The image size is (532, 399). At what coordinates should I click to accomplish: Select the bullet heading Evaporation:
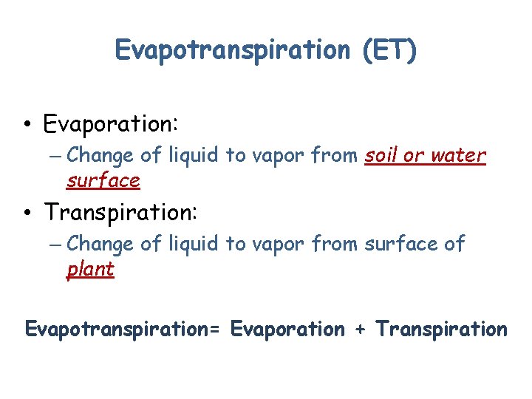[111, 123]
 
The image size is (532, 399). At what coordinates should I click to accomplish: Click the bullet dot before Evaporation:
[27, 123]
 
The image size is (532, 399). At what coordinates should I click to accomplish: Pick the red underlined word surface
[103, 181]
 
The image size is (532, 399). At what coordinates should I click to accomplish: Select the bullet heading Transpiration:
[120, 213]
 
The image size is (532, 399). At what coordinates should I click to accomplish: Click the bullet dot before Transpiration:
[27, 213]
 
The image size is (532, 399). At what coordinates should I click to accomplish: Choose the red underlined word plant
[90, 269]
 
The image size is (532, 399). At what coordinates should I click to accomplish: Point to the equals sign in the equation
[215, 330]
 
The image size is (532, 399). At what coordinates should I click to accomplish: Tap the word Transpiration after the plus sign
[441, 330]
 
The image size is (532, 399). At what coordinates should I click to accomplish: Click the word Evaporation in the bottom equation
[287, 330]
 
